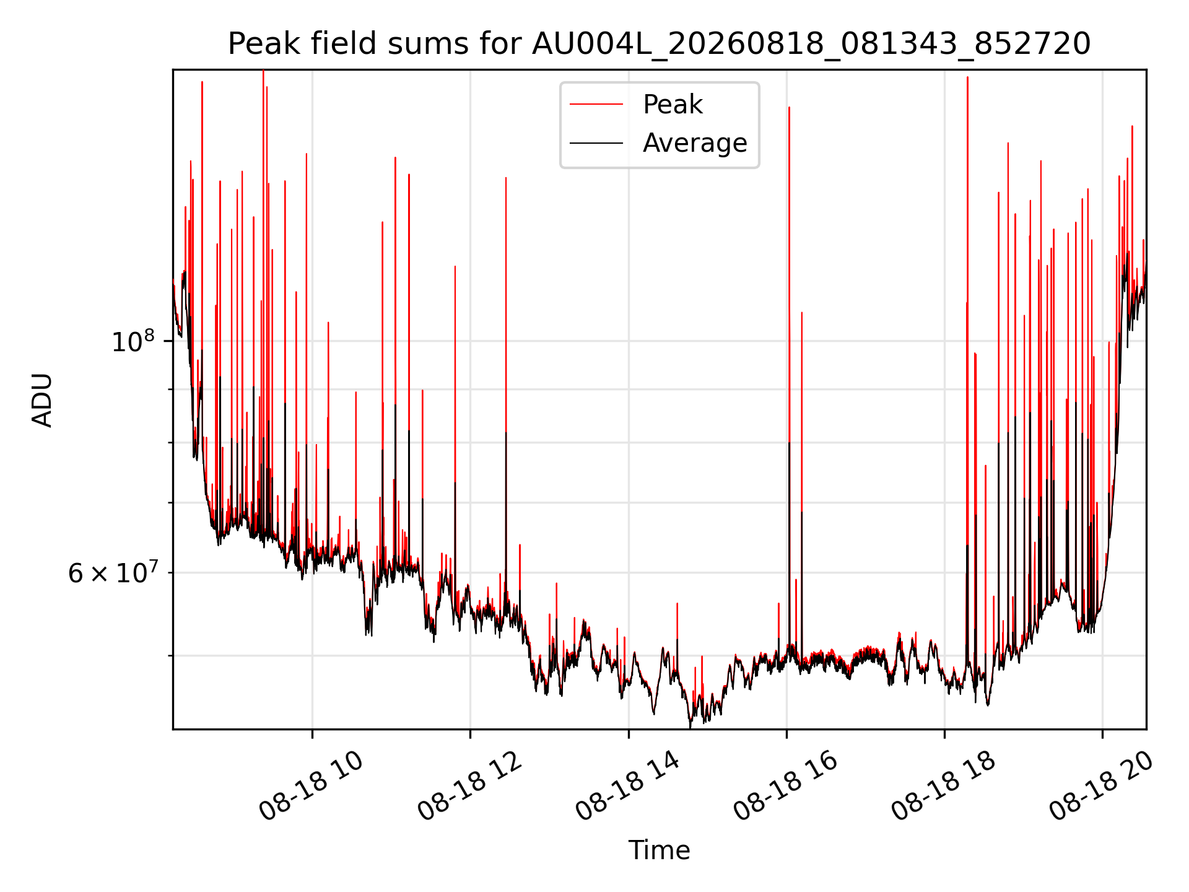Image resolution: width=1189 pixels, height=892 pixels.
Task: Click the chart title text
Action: click(x=659, y=44)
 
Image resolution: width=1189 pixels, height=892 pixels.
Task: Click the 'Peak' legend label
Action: click(x=673, y=105)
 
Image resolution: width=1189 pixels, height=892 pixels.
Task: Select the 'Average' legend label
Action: click(x=695, y=143)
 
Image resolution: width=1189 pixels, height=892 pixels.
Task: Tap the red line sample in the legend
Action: click(x=596, y=105)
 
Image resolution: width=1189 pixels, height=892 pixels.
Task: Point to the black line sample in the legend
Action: click(x=596, y=143)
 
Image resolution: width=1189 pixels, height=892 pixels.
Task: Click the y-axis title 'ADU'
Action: click(x=42, y=400)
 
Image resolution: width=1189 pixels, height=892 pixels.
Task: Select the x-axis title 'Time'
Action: click(x=659, y=850)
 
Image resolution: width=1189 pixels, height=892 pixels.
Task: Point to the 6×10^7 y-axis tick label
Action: click(x=113, y=573)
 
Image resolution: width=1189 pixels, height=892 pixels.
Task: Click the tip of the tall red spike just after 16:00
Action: click(x=789, y=107)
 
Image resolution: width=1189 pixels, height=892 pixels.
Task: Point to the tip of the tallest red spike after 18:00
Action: click(x=967, y=77)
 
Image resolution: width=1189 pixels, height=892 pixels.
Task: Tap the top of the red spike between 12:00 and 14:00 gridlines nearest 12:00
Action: click(x=506, y=178)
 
